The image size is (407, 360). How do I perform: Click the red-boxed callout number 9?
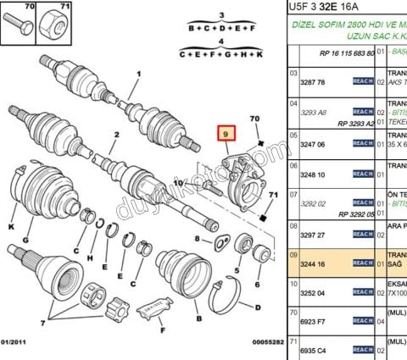(226, 134)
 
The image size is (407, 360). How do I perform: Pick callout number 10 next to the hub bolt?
(178, 183)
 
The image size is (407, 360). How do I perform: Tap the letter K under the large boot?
(11, 227)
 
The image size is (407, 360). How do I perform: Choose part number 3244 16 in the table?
(315, 263)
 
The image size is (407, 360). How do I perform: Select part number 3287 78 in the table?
(315, 82)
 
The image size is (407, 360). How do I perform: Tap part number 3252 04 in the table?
(315, 293)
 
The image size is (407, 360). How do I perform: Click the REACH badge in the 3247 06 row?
(363, 145)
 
